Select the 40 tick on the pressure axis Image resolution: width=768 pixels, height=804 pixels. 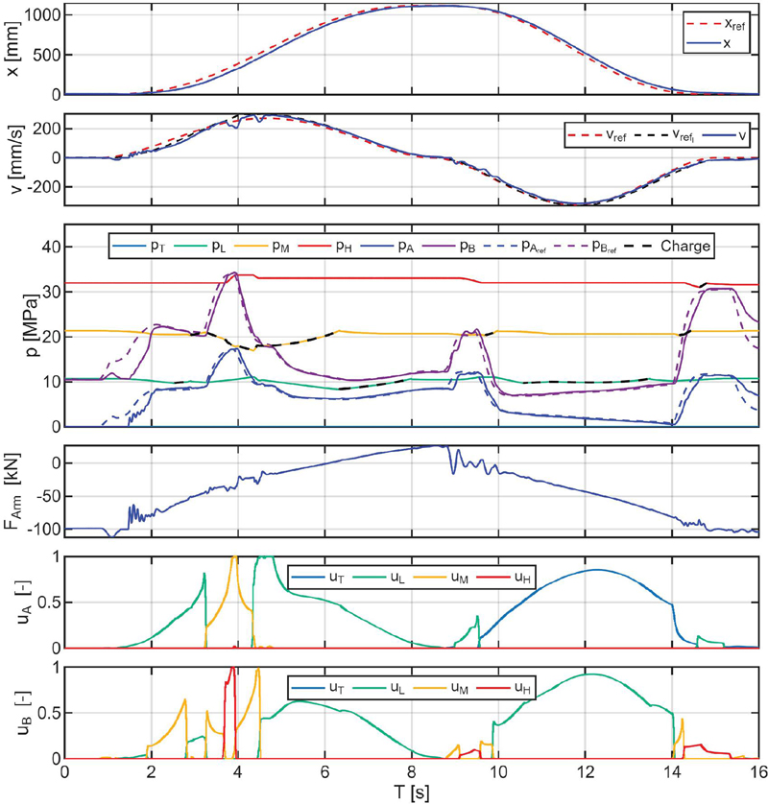[50, 248]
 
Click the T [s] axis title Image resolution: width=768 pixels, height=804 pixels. [411, 792]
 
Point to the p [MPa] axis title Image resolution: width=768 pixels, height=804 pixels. [13, 326]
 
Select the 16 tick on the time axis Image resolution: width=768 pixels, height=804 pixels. [756, 770]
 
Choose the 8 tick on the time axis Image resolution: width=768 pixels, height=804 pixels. [412, 770]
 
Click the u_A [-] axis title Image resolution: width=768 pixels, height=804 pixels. [13, 602]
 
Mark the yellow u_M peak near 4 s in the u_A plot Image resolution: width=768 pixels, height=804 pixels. [234, 557]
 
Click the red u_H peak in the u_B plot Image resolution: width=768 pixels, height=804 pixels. [230, 670]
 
